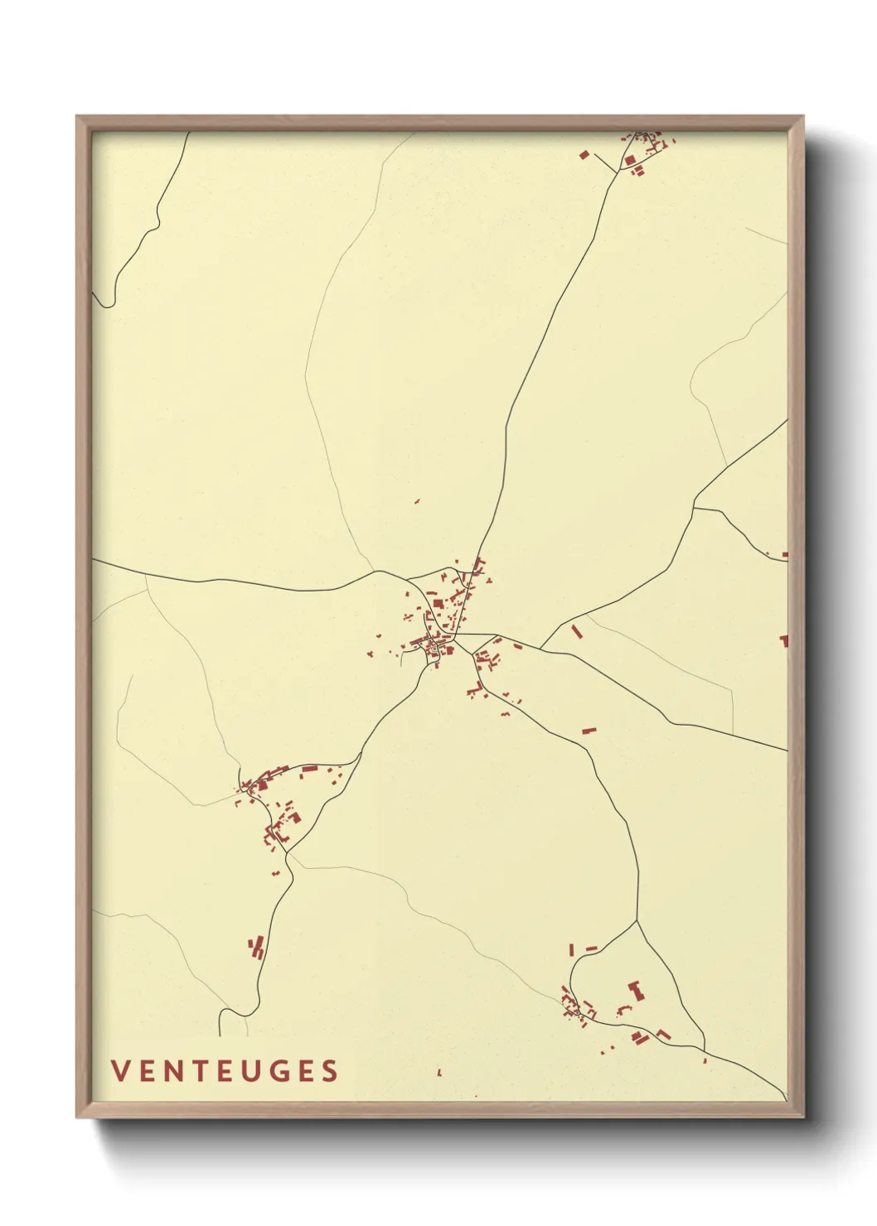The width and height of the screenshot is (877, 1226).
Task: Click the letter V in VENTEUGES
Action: pos(119,1071)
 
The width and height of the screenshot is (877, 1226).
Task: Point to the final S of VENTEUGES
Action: pos(331,1071)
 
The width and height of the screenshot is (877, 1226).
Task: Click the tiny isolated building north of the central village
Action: pos(417,501)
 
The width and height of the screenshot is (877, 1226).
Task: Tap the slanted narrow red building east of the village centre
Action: pos(577,632)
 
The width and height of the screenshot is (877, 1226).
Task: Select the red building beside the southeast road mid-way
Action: pos(589,731)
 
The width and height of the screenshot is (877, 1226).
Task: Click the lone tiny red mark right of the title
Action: pos(439,1073)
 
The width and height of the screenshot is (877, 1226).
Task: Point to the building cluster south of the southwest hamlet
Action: pos(256,947)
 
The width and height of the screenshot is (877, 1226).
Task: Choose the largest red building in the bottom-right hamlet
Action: pos(636,990)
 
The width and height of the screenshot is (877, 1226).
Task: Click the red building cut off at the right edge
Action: pos(783,640)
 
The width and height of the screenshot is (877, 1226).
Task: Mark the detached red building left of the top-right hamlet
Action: pos(584,155)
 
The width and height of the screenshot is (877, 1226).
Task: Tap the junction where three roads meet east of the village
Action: pos(540,648)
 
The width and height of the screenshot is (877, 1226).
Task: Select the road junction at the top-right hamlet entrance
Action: pos(618,172)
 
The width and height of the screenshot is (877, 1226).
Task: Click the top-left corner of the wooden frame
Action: pos(77,117)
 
